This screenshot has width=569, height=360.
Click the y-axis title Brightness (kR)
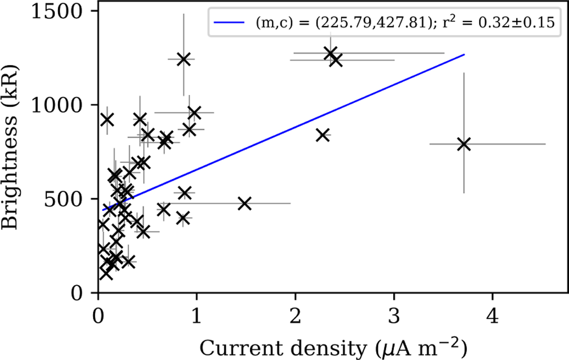(13, 152)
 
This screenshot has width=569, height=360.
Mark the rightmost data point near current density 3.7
(464, 144)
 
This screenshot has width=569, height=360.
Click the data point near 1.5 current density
(244, 203)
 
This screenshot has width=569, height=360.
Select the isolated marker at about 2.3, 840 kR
(323, 135)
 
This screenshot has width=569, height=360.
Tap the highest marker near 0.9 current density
(184, 59)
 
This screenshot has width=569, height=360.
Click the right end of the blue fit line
(464, 55)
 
